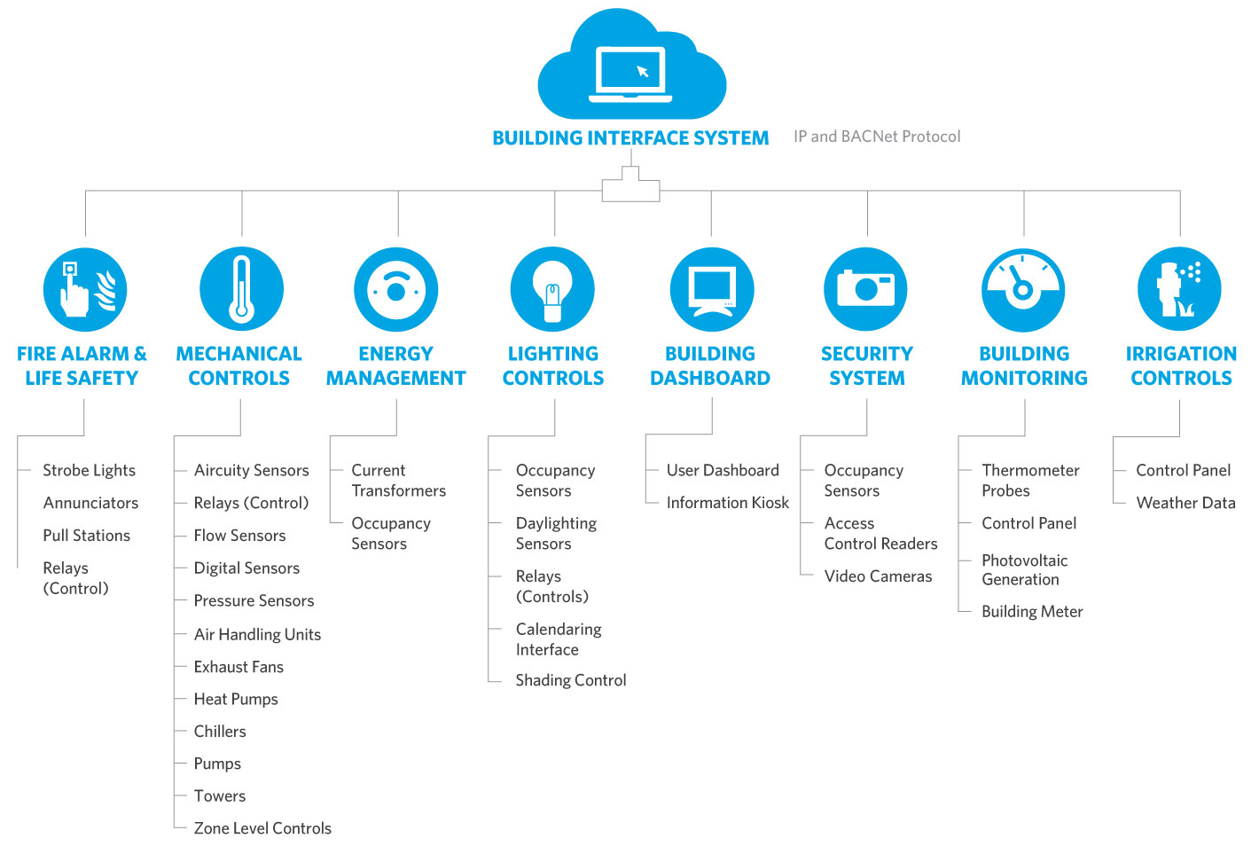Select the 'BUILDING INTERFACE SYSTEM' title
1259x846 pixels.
click(630, 138)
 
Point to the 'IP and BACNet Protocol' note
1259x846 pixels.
click(876, 137)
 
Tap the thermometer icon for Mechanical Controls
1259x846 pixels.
click(241, 289)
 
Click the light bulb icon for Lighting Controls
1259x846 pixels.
click(552, 289)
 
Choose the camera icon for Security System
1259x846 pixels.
click(865, 289)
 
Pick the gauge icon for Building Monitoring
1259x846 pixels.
click(1022, 289)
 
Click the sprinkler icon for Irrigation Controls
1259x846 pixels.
click(1179, 289)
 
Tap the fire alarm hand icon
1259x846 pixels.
click(85, 289)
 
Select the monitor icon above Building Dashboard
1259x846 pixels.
click(711, 289)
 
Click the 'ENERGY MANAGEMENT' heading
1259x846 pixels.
click(395, 366)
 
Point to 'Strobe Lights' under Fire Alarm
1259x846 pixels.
click(89, 471)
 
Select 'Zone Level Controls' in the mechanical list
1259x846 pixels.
click(262, 828)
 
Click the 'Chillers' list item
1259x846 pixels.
click(220, 732)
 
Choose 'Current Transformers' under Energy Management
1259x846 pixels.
click(398, 481)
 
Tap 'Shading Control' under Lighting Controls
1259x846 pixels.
click(570, 680)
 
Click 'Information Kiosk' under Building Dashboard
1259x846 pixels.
click(727, 503)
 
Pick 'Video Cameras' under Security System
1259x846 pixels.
click(878, 576)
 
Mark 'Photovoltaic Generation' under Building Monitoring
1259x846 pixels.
click(1024, 570)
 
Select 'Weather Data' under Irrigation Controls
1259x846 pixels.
click(1185, 503)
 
